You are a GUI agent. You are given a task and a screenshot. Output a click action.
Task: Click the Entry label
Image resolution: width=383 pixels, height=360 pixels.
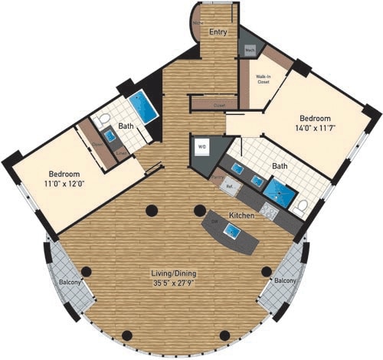point(218,32)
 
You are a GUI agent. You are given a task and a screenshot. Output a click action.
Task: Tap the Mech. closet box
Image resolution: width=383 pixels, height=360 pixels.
point(250,50)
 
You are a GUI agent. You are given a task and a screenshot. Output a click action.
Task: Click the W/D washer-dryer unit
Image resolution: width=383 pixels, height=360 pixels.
point(203,146)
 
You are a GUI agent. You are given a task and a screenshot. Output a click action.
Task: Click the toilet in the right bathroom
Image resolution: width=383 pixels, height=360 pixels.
point(301,205)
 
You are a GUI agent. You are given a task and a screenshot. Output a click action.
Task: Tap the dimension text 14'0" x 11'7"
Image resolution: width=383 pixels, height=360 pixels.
point(315,129)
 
